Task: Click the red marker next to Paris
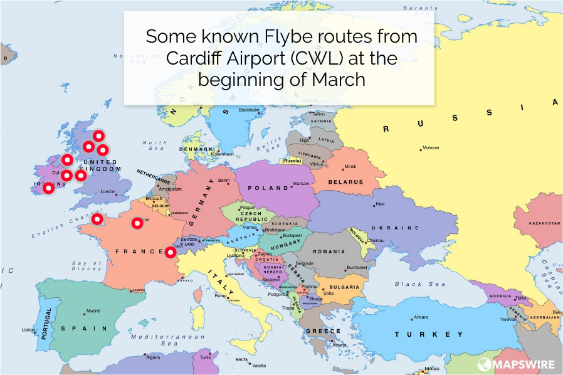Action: click(x=137, y=223)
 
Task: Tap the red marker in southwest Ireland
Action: click(x=48, y=187)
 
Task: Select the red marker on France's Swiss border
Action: click(x=170, y=252)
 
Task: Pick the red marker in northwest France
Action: click(x=97, y=219)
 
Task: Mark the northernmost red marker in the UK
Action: click(x=98, y=135)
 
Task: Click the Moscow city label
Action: click(x=431, y=148)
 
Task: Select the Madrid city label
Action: click(x=93, y=310)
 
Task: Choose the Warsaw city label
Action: click(x=301, y=184)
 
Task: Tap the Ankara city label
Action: click(x=421, y=317)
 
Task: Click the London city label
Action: click(x=108, y=191)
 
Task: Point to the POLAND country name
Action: click(x=268, y=188)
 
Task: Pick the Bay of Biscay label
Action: click(x=86, y=266)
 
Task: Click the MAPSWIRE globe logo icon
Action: click(x=485, y=364)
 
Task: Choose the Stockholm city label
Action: click(x=248, y=110)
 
